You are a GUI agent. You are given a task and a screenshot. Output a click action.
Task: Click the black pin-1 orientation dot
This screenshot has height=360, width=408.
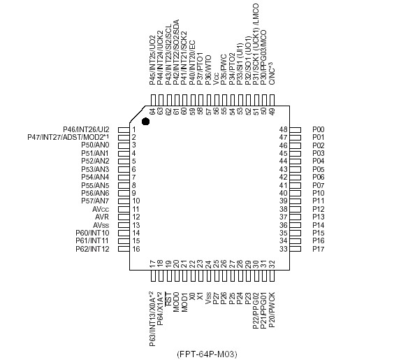(x=145, y=122)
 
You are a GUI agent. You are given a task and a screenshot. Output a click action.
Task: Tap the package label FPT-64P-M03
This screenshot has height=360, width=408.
(x=207, y=354)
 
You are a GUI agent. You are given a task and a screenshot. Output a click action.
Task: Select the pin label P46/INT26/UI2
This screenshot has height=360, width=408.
(x=85, y=129)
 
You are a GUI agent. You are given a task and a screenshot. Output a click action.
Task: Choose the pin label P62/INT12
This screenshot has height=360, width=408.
(x=93, y=249)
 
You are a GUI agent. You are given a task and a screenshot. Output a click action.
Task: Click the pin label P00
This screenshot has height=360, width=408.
(x=319, y=129)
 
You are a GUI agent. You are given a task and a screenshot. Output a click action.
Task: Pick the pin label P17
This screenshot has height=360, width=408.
(x=319, y=249)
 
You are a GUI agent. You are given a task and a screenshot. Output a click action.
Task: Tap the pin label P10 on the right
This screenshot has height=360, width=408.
(x=319, y=193)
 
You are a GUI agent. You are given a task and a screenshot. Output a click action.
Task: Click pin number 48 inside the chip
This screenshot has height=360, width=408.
(x=283, y=129)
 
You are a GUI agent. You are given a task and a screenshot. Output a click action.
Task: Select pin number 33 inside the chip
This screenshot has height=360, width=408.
(x=283, y=249)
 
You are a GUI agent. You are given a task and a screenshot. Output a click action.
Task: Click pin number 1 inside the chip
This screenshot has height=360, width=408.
(x=134, y=129)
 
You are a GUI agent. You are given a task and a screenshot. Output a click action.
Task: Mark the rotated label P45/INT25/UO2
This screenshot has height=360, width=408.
(x=152, y=59)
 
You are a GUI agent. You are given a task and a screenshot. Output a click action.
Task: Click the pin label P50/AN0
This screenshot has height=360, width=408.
(x=95, y=145)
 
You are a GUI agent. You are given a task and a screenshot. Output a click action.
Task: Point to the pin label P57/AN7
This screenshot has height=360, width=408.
(x=95, y=201)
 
